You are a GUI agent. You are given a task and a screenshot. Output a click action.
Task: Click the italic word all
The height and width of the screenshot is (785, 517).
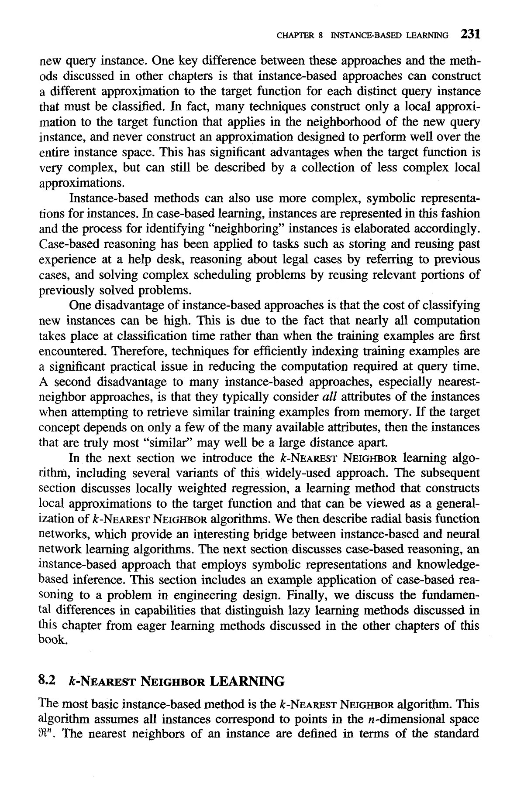[x=328, y=397]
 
